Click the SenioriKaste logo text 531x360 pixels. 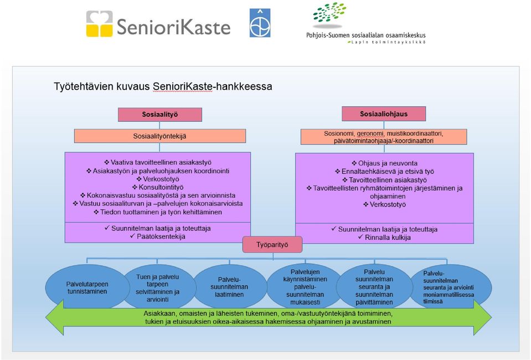coord(174,27)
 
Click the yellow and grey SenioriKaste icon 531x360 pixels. coord(99,23)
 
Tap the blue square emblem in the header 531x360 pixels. coord(260,23)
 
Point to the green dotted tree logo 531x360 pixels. coord(329,14)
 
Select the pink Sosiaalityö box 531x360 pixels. coord(160,115)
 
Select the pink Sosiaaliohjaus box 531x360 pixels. coord(384,114)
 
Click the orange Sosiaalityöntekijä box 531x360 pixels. coord(160,136)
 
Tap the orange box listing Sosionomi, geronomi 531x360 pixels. coord(384,137)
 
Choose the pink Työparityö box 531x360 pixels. coord(272,244)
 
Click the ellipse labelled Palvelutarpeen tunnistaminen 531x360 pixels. coord(87,287)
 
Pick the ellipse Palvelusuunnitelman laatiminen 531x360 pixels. coord(229,287)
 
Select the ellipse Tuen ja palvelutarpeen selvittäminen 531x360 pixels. coord(158,288)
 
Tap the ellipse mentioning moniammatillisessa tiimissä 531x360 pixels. coord(448,287)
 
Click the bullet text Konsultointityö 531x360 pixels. coord(158,187)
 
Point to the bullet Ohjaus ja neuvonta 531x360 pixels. coord(385,163)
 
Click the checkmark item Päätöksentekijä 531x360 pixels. coord(158,236)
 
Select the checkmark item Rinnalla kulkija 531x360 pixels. coord(384,238)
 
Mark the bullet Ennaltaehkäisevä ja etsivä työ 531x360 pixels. coord(385,171)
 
